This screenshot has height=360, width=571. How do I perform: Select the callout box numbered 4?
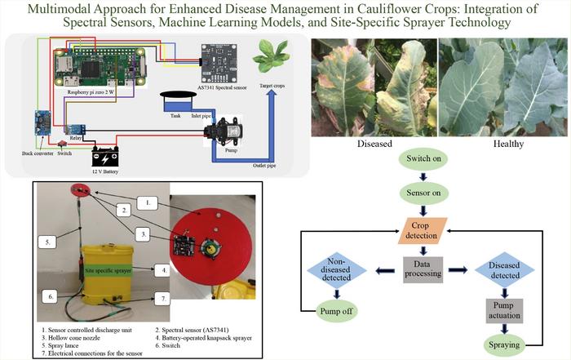click(163, 268)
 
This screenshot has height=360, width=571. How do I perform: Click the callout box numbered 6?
click(50, 297)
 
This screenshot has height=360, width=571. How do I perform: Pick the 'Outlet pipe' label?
click(257, 163)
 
